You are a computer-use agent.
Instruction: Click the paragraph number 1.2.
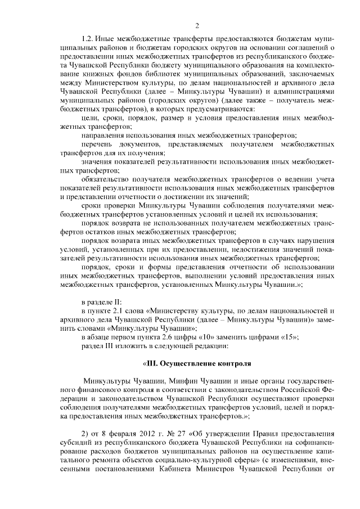click(x=88, y=42)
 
